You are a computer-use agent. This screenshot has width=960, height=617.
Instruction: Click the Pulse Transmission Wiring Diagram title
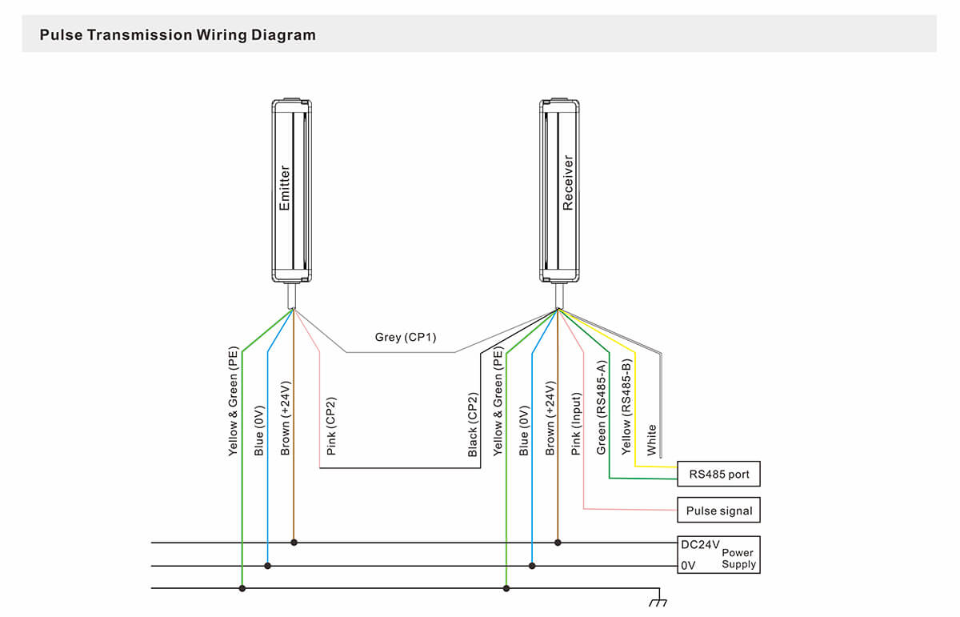[178, 35]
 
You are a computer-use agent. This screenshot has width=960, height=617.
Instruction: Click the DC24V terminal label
[699, 543]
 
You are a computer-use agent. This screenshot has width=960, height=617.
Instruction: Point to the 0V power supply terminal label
[688, 565]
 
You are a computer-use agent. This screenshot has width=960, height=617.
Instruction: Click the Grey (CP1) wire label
[406, 337]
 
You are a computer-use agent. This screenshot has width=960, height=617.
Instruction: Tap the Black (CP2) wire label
[473, 425]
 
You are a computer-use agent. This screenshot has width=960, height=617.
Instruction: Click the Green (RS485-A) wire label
[602, 407]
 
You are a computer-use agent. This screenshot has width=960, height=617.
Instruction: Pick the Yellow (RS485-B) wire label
[627, 406]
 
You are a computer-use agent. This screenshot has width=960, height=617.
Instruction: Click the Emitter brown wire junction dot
[294, 543]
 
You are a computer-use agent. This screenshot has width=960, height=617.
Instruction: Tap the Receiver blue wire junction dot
[532, 566]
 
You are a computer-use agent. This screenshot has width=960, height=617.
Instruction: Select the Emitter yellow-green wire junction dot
[242, 589]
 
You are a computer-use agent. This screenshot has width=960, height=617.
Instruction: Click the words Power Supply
[738, 559]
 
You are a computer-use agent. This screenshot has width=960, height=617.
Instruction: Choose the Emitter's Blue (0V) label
[258, 432]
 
